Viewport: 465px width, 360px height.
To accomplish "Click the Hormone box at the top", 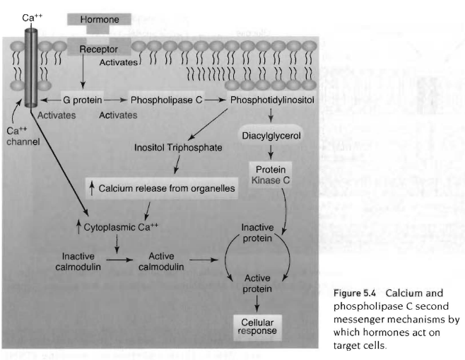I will pyautogui.click(x=100, y=19).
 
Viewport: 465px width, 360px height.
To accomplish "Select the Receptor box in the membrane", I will pyautogui.click(x=98, y=50).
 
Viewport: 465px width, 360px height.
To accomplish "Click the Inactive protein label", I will pyautogui.click(x=257, y=233).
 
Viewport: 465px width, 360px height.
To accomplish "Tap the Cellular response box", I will pyautogui.click(x=257, y=326).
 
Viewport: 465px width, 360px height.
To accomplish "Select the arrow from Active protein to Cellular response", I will pyautogui.click(x=257, y=303).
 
